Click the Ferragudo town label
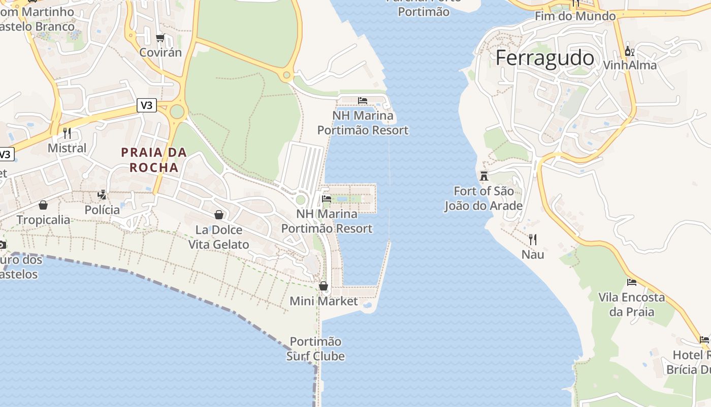pos(544,58)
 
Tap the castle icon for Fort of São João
pos(484,176)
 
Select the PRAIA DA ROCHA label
pos(154,160)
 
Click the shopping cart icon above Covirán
pos(160,38)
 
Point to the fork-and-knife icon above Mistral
pos(67,133)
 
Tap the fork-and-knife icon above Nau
pos(533,239)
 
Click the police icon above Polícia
pos(102,195)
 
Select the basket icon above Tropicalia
pos(43,205)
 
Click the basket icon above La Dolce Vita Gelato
pos(219,215)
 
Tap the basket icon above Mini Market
pos(324,286)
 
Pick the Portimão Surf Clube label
pos(315,348)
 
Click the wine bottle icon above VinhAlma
pos(629,51)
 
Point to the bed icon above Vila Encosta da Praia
pos(632,282)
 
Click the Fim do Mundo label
pos(575,16)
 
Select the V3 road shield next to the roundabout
pos(146,105)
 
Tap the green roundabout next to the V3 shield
pos(177,111)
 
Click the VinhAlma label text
pos(629,65)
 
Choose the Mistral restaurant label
pos(67,148)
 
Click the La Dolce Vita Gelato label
pos(219,237)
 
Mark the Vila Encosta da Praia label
pos(632,304)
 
